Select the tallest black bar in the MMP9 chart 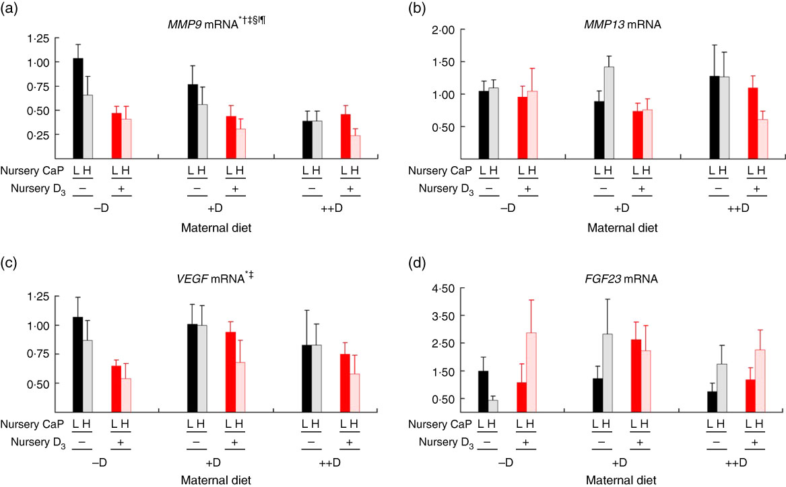(78, 108)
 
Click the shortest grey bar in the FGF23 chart (493, 406)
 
